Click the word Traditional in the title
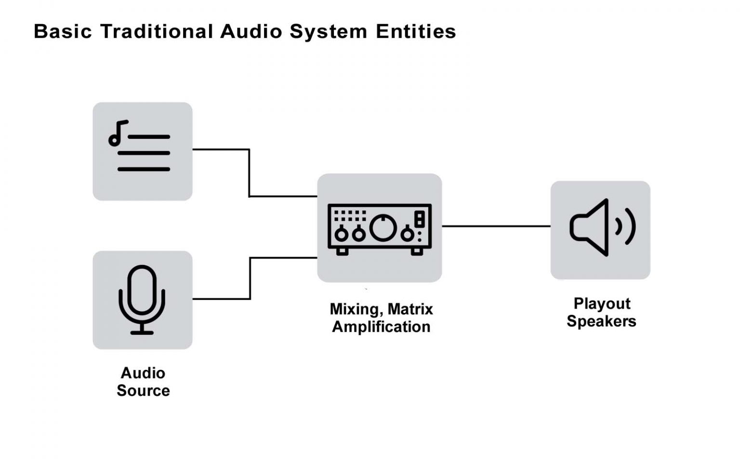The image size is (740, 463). [157, 32]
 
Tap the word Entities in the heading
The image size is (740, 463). [416, 32]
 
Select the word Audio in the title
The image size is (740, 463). [251, 32]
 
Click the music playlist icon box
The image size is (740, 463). [143, 151]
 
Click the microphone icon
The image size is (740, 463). [142, 299]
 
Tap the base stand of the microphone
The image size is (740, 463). [142, 332]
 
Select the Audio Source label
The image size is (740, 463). [143, 381]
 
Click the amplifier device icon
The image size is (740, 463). [379, 228]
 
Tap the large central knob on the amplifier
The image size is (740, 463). [383, 228]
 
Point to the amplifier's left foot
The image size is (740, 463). [342, 251]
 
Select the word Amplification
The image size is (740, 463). [381, 327]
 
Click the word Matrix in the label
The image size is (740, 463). [410, 309]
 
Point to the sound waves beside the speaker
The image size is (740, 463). [626, 226]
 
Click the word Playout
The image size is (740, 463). [602, 303]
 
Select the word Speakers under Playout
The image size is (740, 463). [601, 321]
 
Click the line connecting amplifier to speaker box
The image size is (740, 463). [496, 226]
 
